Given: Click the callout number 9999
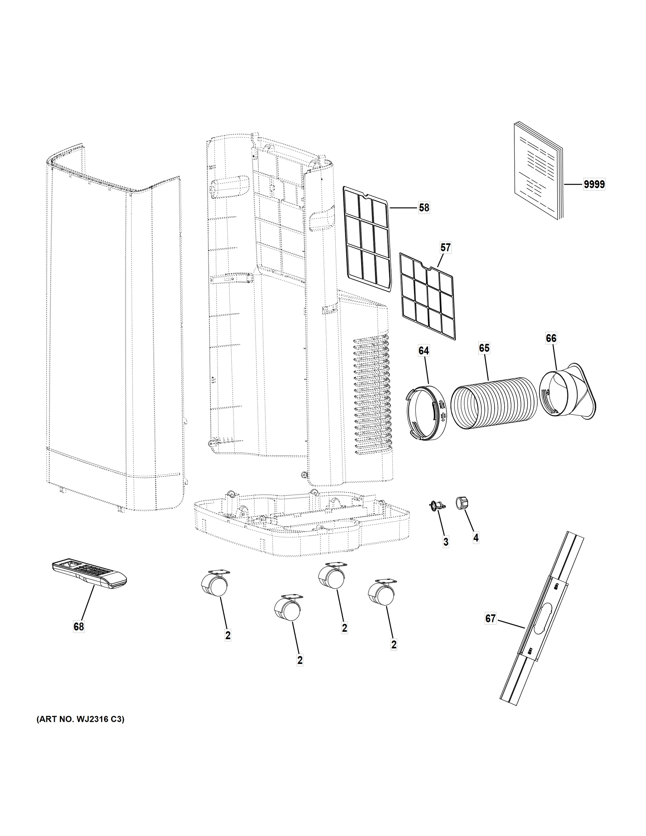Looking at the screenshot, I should coord(594,185).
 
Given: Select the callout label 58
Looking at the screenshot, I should coord(424,208).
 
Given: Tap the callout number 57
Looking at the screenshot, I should coord(445,248).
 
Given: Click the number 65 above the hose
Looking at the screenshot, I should coord(484,348).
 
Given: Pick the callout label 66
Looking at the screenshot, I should coord(551,338).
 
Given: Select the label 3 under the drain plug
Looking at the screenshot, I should coord(446,542).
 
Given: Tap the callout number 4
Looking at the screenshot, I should coord(476,538).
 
